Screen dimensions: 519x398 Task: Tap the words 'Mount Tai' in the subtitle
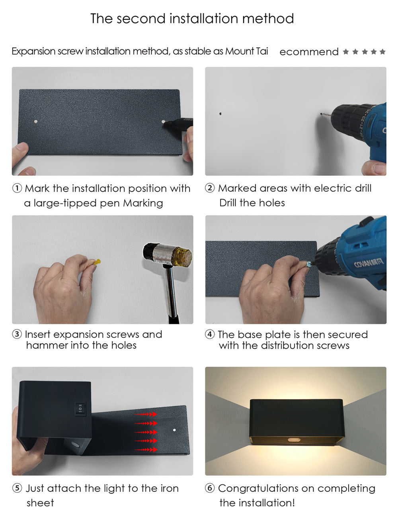(x=246, y=51)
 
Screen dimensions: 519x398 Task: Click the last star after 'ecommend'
(x=382, y=52)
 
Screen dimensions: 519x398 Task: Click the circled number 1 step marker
(x=17, y=188)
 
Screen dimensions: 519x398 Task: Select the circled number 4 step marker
(x=210, y=335)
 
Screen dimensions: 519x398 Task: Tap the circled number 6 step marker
(x=210, y=488)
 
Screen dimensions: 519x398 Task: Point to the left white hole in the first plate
(x=36, y=120)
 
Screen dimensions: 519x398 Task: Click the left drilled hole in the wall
(x=220, y=115)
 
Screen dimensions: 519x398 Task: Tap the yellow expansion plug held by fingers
(x=96, y=262)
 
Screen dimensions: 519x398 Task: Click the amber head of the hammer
(x=184, y=253)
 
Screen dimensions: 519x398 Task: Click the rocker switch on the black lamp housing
(x=80, y=408)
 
